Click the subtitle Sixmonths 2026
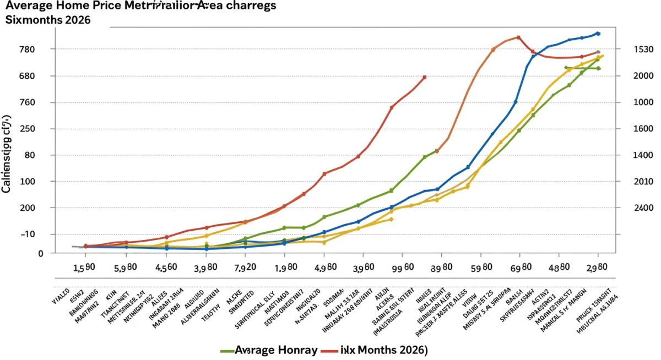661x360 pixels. (x=48, y=20)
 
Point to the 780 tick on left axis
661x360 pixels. (x=27, y=50)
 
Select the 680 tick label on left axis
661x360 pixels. (x=27, y=76)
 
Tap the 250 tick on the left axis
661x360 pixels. (x=27, y=129)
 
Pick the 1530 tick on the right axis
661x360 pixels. (x=643, y=50)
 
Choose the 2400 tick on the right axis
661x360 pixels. (x=643, y=208)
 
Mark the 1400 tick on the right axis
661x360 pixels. (x=643, y=155)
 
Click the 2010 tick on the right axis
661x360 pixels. (x=643, y=182)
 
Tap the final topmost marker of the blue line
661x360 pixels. (x=598, y=34)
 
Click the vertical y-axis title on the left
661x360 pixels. (x=7, y=154)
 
